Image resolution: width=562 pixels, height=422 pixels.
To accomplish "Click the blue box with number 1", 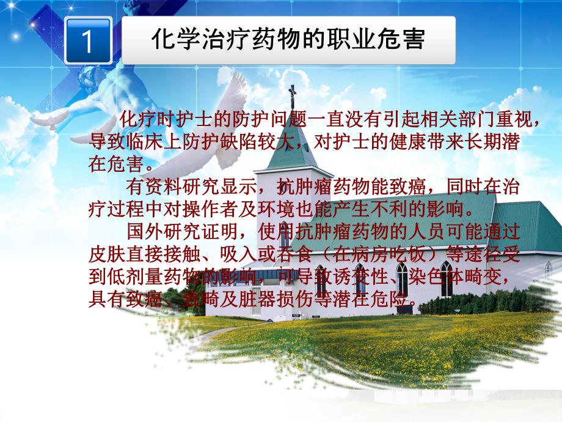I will tap(87, 41).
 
